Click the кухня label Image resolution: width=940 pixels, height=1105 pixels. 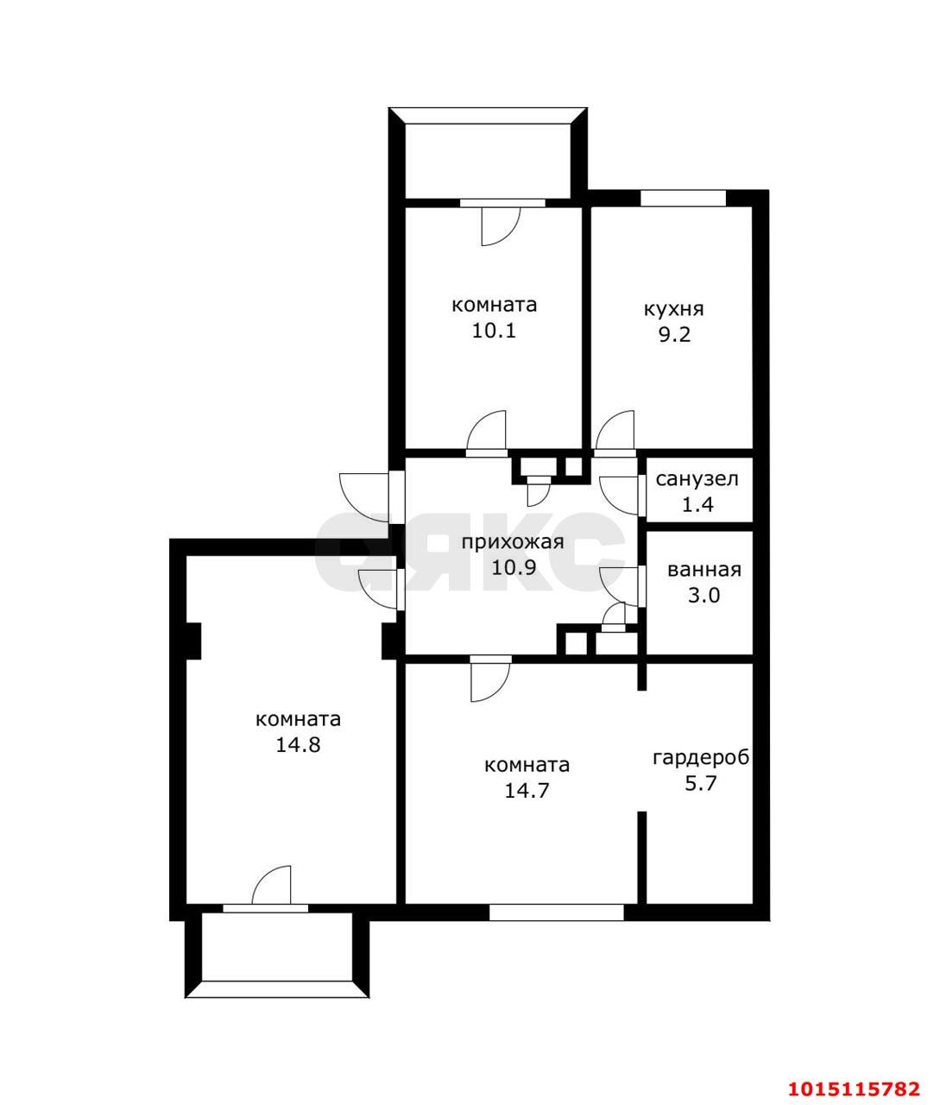coord(674,310)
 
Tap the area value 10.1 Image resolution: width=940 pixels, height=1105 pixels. coord(494,331)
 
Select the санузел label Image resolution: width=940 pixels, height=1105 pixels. coord(697,479)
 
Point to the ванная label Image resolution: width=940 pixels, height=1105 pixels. coord(704,570)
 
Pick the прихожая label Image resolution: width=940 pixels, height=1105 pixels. coord(513,543)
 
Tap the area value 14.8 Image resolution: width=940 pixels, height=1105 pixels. coord(298,745)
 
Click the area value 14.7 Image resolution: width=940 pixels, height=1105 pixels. coord(527,791)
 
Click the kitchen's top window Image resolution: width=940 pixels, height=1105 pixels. coord(683,198)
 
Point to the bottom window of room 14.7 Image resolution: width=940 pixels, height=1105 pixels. coord(556,912)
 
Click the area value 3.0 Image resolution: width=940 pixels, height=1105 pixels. coord(703,595)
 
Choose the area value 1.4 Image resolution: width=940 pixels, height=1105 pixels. coord(697,504)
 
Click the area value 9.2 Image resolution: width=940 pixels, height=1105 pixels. coord(674,335)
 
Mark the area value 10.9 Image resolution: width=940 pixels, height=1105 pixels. coord(513,567)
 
